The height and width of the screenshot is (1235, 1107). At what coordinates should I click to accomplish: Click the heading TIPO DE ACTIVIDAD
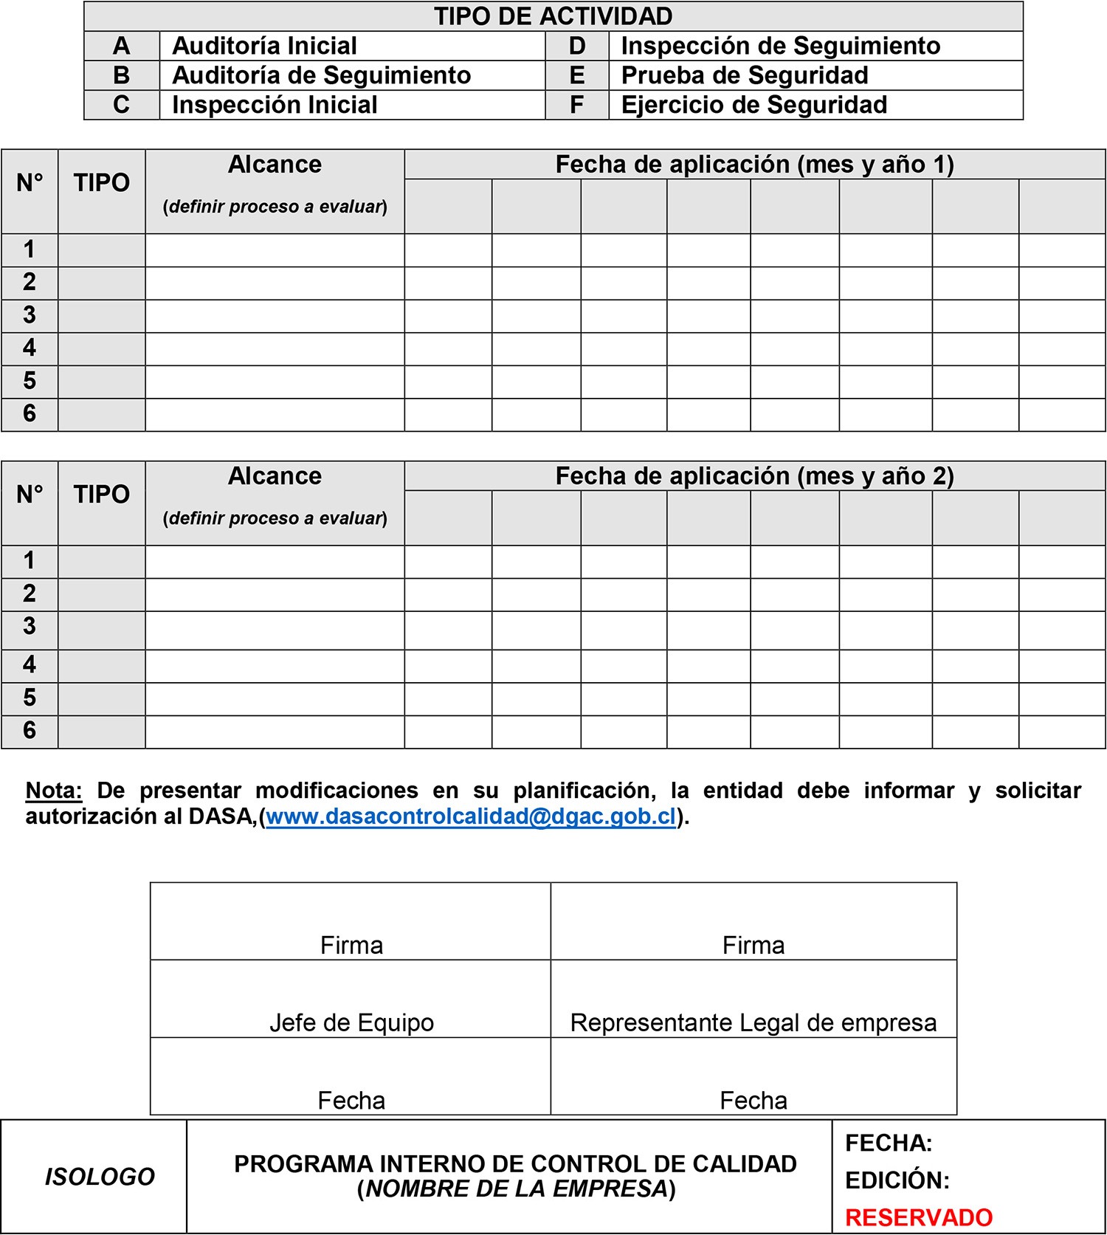(x=553, y=16)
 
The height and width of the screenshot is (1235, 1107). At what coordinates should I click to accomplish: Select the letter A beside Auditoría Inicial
(x=122, y=46)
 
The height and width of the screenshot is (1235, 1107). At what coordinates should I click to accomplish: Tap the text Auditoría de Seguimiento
(x=321, y=75)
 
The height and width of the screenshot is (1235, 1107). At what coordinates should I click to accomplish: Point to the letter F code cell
(x=577, y=105)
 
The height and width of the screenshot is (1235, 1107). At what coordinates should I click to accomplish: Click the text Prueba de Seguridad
(x=744, y=75)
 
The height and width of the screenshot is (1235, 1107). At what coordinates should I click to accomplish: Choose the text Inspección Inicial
(x=275, y=105)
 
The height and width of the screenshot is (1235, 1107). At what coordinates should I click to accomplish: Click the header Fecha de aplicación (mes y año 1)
(x=754, y=164)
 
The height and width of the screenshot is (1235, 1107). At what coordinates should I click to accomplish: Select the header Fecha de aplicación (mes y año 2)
(x=754, y=476)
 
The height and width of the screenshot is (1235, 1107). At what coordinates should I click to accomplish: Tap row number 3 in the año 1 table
(x=30, y=315)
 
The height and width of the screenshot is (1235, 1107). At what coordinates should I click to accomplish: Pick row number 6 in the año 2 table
(x=30, y=730)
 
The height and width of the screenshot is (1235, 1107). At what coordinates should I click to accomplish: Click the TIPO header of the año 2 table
(x=102, y=494)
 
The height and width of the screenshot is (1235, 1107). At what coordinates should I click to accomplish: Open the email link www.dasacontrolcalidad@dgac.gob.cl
(x=471, y=816)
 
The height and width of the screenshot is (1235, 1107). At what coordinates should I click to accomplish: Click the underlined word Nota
(x=53, y=791)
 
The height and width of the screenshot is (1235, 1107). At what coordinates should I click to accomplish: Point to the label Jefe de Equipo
(x=351, y=1022)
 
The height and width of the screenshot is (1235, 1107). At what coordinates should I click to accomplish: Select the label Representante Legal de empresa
(x=753, y=1022)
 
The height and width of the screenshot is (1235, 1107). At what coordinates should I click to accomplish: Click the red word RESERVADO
(x=919, y=1217)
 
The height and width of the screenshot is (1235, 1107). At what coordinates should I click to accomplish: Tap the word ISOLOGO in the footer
(x=100, y=1177)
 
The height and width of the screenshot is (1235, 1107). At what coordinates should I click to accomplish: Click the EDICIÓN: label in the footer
(x=897, y=1180)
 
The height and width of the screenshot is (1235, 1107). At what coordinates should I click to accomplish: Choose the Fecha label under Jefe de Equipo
(x=351, y=1101)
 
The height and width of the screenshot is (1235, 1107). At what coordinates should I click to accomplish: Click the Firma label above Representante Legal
(x=753, y=946)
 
